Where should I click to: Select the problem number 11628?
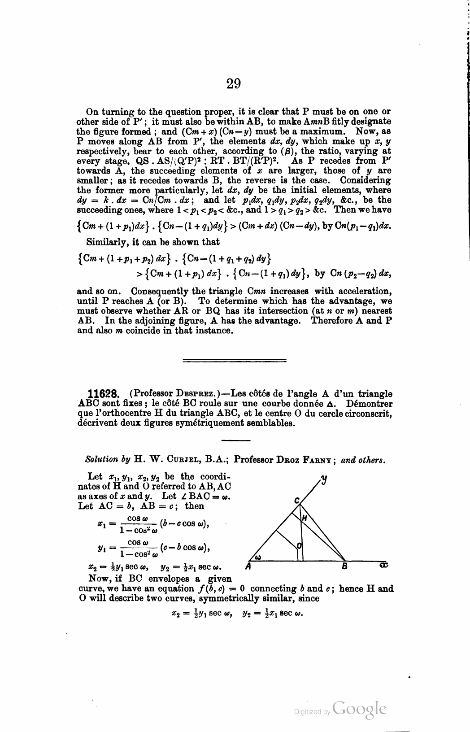(x=103, y=394)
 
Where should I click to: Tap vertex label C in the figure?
(x=296, y=500)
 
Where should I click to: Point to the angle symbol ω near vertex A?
(x=257, y=558)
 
